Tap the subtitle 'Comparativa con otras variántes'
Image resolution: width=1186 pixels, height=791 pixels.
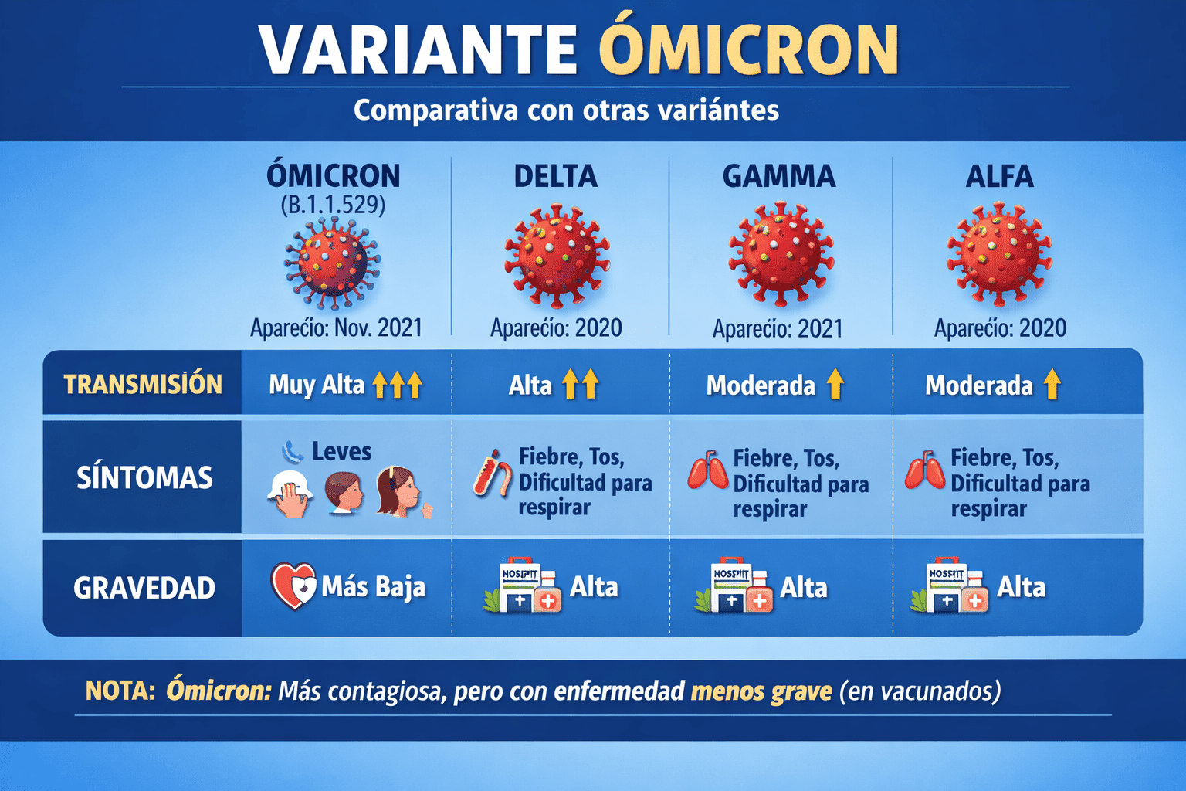click(x=566, y=110)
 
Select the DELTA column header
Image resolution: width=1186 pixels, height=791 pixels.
click(x=556, y=176)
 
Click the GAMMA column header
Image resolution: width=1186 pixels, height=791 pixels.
click(x=778, y=176)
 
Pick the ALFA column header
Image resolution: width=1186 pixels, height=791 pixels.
click(x=999, y=176)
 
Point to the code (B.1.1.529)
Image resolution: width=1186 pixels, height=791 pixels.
click(x=333, y=205)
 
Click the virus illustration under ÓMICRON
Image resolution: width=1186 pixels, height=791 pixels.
click(x=332, y=263)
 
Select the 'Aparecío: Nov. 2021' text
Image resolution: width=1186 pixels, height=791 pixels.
click(x=336, y=328)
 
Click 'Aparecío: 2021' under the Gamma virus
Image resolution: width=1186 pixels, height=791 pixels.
click(x=778, y=328)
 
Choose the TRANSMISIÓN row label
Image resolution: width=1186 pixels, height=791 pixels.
click(x=143, y=384)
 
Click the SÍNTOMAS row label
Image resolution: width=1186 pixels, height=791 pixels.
click(x=144, y=477)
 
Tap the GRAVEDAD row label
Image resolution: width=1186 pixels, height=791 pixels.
click(x=144, y=588)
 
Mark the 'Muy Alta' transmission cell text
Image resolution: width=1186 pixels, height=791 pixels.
click(x=317, y=384)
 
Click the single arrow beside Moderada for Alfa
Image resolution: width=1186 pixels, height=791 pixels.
click(x=1052, y=384)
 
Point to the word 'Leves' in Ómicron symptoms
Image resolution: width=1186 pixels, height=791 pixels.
click(x=341, y=451)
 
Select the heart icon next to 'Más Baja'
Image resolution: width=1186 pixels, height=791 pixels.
click(x=293, y=586)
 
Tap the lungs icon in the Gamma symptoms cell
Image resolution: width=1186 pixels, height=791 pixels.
click(x=708, y=470)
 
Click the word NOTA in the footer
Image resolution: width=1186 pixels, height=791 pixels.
click(x=120, y=690)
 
